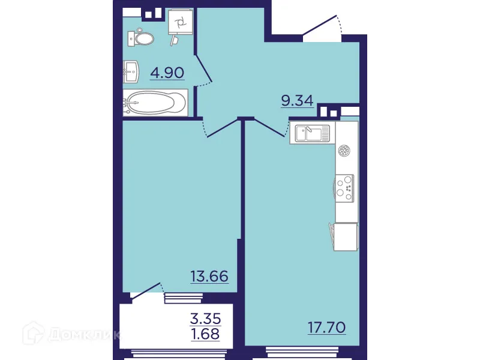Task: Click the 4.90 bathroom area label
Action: click(167, 73)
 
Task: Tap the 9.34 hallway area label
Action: click(297, 100)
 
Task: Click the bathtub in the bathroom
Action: click(155, 103)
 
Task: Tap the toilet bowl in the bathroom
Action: click(141, 38)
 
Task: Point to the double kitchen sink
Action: click(311, 133)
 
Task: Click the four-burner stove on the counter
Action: click(344, 186)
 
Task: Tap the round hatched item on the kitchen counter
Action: click(344, 151)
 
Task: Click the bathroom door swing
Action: click(204, 69)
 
